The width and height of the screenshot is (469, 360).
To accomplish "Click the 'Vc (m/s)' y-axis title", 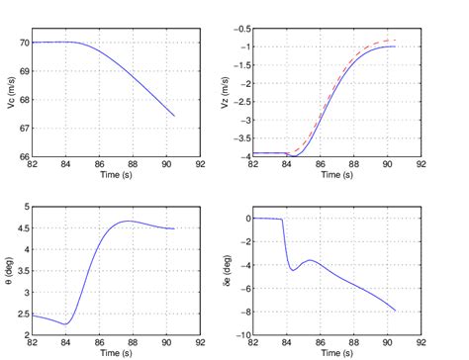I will pyautogui.click(x=11, y=93).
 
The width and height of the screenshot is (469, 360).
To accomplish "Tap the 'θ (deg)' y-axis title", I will pyautogui.click(x=11, y=271).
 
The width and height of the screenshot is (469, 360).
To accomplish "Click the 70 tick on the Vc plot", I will pyautogui.click(x=24, y=43).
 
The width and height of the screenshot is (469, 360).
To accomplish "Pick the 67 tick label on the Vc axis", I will pyautogui.click(x=24, y=128).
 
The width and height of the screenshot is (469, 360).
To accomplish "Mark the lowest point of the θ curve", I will pyautogui.click(x=65, y=323).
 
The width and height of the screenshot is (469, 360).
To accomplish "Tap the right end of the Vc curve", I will pyautogui.click(x=175, y=116).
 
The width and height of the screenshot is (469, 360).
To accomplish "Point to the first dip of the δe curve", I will pyautogui.click(x=293, y=269).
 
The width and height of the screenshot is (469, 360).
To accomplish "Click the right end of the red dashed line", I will pyautogui.click(x=396, y=41).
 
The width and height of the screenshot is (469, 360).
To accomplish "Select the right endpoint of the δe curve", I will pyautogui.click(x=396, y=311).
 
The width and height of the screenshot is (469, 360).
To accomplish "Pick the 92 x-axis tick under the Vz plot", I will pyautogui.click(x=421, y=165).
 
